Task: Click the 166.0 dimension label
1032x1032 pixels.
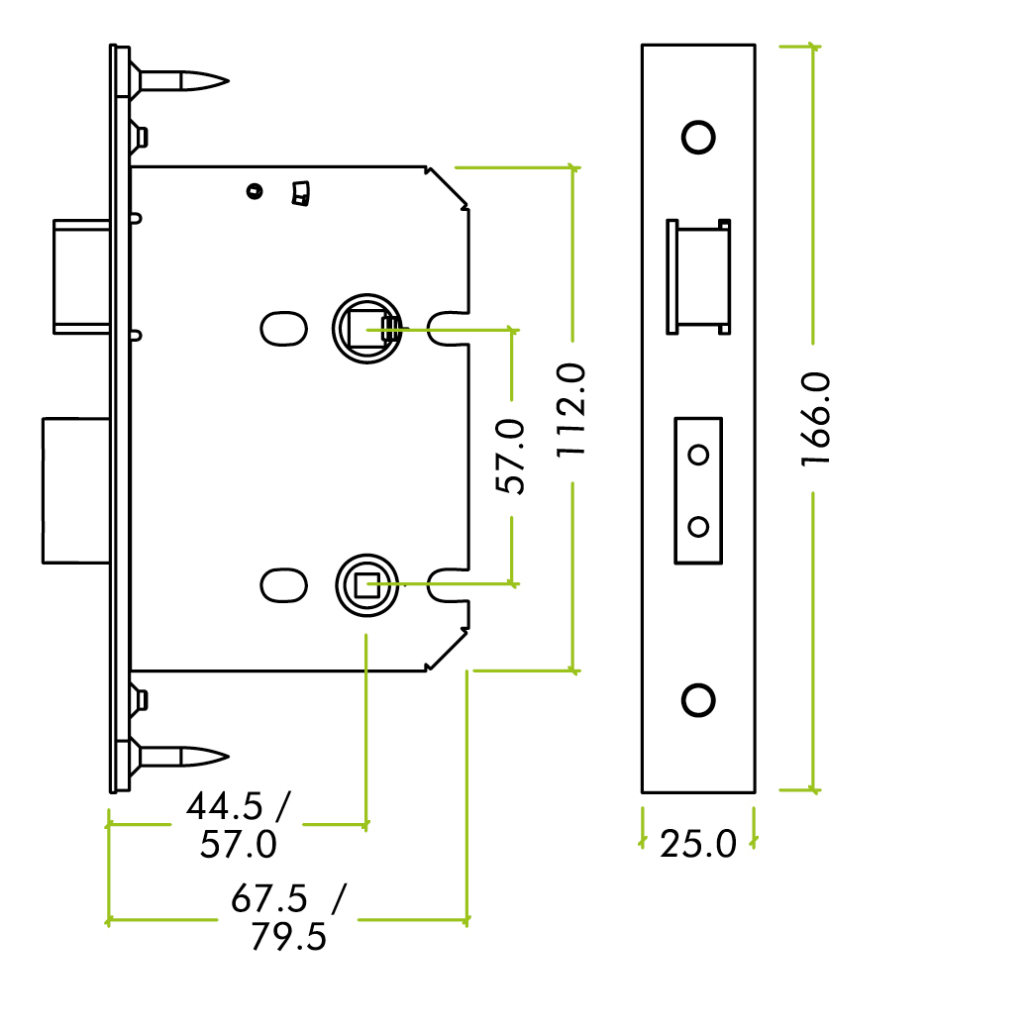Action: pos(814,419)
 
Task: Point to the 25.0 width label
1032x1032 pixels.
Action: pos(698,845)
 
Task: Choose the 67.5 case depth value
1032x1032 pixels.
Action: pos(269,899)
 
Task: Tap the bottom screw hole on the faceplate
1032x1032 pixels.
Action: pos(699,699)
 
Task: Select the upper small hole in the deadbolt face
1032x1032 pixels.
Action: pos(699,455)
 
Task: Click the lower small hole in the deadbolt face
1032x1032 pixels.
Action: pos(699,525)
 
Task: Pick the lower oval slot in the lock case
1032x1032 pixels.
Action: pos(283,584)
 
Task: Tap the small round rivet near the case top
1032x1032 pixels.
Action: pos(257,190)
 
